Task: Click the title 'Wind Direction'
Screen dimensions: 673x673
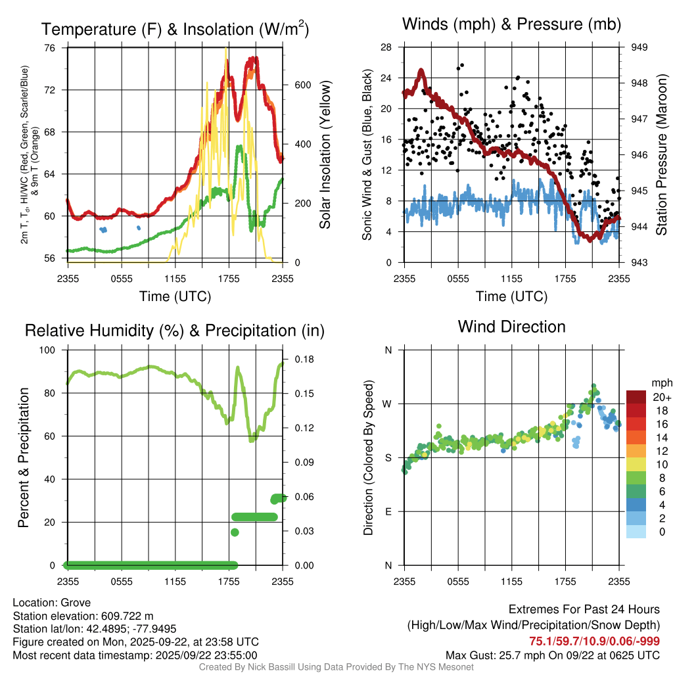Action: point(511,327)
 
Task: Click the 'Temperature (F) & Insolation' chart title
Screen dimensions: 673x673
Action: point(175,30)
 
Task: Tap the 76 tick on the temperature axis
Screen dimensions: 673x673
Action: point(50,48)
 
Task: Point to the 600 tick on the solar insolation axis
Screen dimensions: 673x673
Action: point(302,85)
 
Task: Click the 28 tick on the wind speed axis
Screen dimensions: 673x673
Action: point(386,47)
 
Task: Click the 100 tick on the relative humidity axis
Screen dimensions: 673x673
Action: point(47,350)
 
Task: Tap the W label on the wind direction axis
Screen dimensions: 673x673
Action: point(388,404)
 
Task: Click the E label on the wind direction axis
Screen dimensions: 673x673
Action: point(388,511)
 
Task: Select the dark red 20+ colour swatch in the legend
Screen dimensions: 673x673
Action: point(636,397)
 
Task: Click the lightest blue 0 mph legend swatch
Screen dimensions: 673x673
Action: point(636,532)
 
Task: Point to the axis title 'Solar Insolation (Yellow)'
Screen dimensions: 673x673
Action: point(325,155)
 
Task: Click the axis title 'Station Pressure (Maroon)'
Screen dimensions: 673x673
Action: point(661,155)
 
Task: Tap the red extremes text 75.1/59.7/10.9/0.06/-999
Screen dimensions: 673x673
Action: point(594,641)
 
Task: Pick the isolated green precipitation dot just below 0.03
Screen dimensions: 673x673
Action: point(235,532)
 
